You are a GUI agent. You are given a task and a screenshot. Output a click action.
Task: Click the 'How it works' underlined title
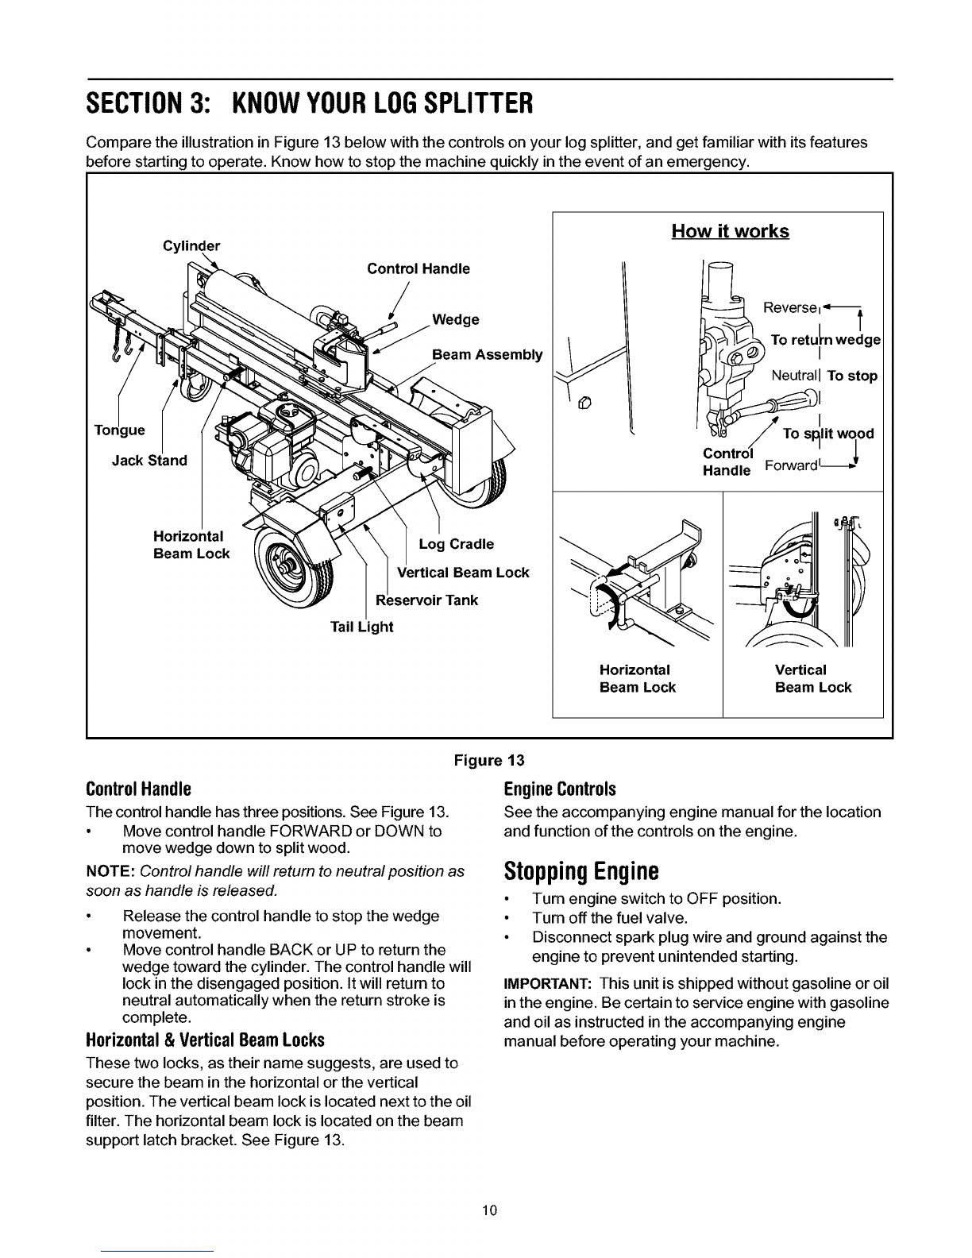point(730,231)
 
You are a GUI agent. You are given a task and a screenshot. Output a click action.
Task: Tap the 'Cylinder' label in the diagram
point(191,246)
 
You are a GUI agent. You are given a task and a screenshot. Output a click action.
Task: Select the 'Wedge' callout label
point(456,319)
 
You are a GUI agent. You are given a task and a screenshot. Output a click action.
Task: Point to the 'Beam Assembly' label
point(488,354)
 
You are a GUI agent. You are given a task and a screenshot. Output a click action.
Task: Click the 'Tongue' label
point(120,430)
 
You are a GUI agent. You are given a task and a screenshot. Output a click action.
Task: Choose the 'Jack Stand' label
point(149,461)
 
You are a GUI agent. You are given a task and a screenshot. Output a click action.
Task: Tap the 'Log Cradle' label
point(456,544)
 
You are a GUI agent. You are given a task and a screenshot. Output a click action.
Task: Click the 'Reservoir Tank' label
point(426,600)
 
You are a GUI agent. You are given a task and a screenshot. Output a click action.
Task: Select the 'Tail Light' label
point(362,627)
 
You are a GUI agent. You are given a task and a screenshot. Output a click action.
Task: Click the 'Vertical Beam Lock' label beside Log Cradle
point(463,573)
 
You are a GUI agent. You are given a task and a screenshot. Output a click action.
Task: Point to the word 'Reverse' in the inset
point(789,307)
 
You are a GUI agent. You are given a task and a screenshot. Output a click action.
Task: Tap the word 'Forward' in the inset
point(791,465)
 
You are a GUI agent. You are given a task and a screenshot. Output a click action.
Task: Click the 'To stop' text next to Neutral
point(852,376)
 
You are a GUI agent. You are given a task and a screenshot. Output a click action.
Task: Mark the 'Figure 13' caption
point(489,760)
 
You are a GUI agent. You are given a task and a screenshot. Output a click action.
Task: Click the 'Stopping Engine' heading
point(581,870)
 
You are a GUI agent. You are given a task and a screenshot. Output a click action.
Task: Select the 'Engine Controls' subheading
point(560,789)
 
